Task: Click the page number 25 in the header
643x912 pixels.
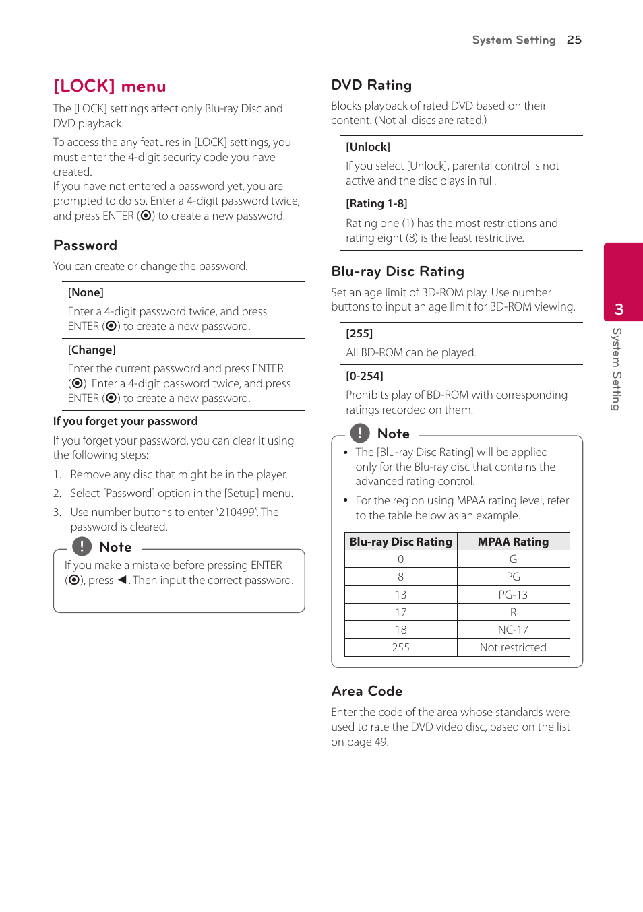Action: [x=574, y=40]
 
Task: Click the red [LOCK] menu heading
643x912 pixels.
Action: [x=110, y=86]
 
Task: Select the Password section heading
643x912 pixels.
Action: [x=85, y=245]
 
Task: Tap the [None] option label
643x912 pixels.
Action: [x=86, y=292]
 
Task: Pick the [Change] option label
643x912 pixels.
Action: [x=92, y=350]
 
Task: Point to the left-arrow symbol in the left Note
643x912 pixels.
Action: [x=122, y=580]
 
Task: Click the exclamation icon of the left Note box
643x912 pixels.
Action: [x=82, y=546]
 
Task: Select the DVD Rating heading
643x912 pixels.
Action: [x=371, y=85]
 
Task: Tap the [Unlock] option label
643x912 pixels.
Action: [x=368, y=147]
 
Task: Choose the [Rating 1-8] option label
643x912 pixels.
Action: [x=376, y=203]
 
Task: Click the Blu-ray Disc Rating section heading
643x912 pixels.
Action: [x=398, y=271]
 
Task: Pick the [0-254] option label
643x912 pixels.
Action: [x=364, y=376]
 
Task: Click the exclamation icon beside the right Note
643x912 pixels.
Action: [x=360, y=433]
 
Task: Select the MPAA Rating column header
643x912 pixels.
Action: [x=513, y=542]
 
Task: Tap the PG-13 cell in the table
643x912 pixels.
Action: [x=513, y=595]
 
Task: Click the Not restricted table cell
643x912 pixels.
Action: [x=513, y=647]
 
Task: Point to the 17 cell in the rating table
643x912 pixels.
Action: [x=400, y=612]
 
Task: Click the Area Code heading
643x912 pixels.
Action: [x=367, y=691]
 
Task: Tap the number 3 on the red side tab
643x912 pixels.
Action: [x=619, y=309]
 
